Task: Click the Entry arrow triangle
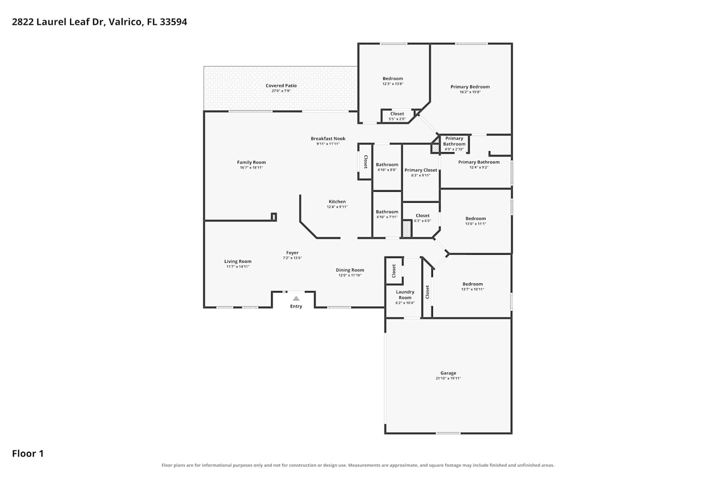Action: [x=296, y=299]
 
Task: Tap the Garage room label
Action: [x=448, y=373]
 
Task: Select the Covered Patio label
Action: [x=281, y=86]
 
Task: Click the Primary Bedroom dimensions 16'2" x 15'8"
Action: [x=470, y=92]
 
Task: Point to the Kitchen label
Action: [x=337, y=202]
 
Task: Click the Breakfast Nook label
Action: [x=328, y=139]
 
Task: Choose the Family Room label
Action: [x=251, y=162]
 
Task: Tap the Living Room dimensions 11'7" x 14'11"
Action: [x=238, y=267]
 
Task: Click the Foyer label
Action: [x=292, y=253]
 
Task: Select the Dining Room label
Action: [x=350, y=270]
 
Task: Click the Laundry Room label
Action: [x=405, y=295]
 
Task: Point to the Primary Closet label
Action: [x=421, y=170]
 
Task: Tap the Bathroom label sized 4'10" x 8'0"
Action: [x=387, y=165]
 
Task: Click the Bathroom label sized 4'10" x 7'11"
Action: [x=387, y=212]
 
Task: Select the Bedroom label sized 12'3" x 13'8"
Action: [x=393, y=79]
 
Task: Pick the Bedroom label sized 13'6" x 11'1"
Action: [x=475, y=218]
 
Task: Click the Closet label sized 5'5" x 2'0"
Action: [x=397, y=114]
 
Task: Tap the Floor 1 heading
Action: [x=28, y=454]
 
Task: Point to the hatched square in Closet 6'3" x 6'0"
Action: [x=407, y=229]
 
